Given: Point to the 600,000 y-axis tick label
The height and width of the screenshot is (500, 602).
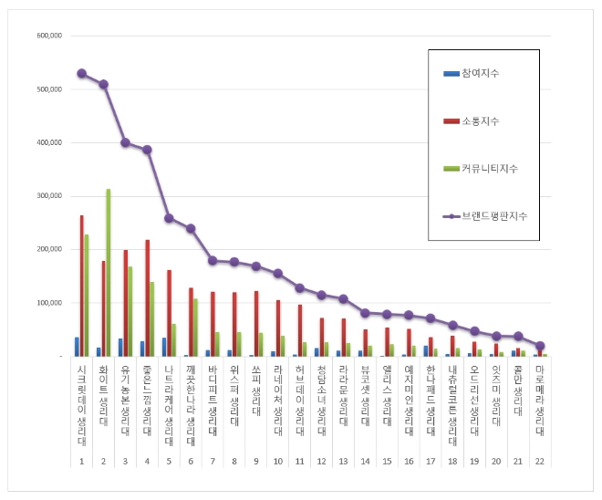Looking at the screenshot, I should [48, 36].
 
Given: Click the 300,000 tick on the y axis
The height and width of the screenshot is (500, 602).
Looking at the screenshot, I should [48, 196].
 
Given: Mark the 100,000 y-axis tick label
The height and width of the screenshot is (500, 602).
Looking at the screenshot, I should [48, 303].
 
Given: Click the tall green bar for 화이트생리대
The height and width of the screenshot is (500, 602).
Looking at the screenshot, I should [108, 274].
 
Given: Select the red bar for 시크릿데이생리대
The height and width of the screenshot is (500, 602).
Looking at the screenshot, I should [82, 286].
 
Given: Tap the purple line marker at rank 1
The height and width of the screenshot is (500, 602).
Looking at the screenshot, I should [81, 73].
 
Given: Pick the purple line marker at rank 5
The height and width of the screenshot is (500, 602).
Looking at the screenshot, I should [169, 218].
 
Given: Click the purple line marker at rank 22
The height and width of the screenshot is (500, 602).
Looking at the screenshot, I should [540, 346].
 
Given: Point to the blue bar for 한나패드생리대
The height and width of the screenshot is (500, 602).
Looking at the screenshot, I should [425, 351].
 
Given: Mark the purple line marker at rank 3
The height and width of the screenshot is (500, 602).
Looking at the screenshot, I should [125, 142].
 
